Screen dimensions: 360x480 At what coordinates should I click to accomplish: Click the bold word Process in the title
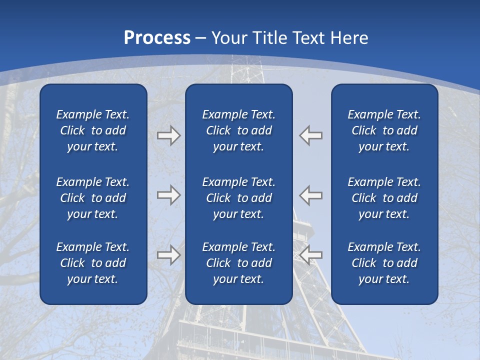(157, 38)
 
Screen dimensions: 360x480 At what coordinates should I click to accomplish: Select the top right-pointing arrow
(168, 135)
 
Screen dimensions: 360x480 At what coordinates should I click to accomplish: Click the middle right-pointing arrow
(168, 194)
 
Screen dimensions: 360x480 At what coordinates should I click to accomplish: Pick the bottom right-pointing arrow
(168, 255)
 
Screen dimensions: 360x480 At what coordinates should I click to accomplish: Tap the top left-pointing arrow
(311, 135)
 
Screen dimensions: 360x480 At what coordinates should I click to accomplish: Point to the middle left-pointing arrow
(311, 194)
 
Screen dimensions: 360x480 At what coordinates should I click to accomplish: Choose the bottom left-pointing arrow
(311, 255)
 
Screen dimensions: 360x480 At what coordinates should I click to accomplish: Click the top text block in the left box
(93, 130)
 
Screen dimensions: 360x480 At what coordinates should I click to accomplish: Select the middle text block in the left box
(93, 198)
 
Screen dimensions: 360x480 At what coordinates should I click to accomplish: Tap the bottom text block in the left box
(93, 263)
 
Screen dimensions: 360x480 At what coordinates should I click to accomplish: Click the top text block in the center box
(239, 130)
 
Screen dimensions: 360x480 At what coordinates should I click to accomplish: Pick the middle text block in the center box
(239, 198)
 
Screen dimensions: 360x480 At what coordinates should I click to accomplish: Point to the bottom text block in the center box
(239, 263)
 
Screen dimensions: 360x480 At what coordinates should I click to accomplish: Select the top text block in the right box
(384, 130)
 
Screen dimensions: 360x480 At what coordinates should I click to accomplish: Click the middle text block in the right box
(384, 198)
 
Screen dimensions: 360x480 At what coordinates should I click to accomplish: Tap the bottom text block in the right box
(384, 263)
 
